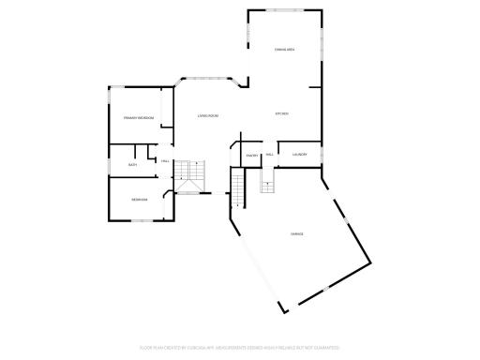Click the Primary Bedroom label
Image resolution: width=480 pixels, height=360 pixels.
[x=138, y=118]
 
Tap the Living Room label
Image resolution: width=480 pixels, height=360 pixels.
[x=207, y=115]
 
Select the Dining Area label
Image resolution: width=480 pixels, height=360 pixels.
[x=285, y=49]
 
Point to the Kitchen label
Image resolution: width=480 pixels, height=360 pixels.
[x=281, y=113]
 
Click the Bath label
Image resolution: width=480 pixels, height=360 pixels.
[x=133, y=164]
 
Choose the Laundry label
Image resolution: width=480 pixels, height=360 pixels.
[x=300, y=154]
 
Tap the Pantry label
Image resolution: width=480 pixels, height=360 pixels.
[x=252, y=155]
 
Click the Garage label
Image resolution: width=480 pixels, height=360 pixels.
[x=296, y=233]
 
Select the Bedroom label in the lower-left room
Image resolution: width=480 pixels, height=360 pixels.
[x=139, y=199]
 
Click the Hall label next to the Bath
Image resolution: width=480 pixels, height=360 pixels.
[x=165, y=161]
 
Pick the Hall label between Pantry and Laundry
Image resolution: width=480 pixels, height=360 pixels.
[x=270, y=154]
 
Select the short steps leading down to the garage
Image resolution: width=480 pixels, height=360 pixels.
[x=268, y=184]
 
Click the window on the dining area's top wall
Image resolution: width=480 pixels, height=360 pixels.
[x=285, y=11]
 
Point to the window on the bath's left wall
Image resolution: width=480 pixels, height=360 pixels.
[x=109, y=164]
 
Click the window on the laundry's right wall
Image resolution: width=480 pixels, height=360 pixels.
[x=322, y=155]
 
